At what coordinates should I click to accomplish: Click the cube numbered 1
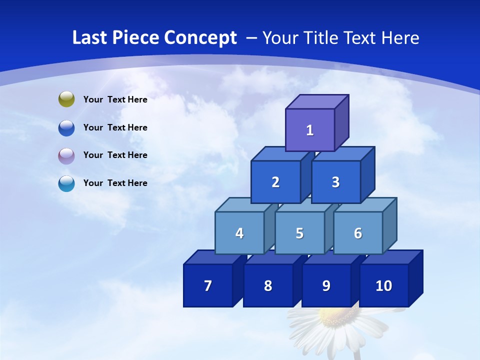310,130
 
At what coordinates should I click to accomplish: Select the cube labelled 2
275,182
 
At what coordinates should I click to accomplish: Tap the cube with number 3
335,182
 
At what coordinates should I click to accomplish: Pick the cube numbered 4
239,233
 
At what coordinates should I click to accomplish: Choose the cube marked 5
299,233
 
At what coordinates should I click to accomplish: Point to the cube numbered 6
358,233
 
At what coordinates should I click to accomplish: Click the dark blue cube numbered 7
208,285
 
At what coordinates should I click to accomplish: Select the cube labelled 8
268,285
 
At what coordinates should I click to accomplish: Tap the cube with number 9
326,285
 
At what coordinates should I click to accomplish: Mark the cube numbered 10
383,285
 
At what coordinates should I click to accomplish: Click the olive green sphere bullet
66,99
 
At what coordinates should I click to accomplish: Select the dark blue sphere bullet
66,127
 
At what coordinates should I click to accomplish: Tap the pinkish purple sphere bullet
66,155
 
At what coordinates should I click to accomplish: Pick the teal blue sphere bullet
66,183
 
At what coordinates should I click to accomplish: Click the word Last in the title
90,37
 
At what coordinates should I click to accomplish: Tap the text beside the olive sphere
115,99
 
